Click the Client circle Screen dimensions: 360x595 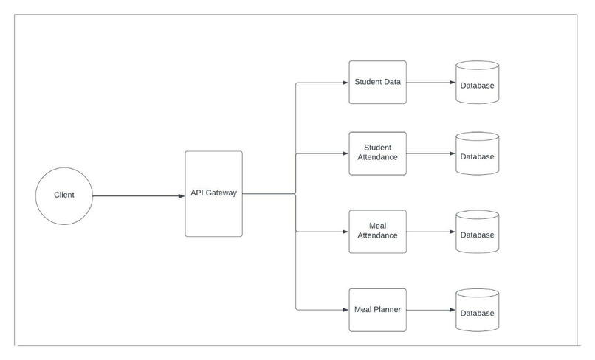pyautogui.click(x=64, y=195)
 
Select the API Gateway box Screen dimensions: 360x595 pyautogui.click(x=213, y=194)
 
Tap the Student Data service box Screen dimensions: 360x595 pyautogui.click(x=377, y=83)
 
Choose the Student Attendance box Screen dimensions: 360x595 pyautogui.click(x=377, y=153)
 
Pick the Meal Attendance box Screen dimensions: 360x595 pyautogui.click(x=377, y=231)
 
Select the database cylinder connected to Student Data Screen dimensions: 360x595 pyautogui.click(x=477, y=83)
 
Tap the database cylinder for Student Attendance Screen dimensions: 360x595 pyautogui.click(x=477, y=153)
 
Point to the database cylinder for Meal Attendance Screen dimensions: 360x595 pyautogui.click(x=477, y=231)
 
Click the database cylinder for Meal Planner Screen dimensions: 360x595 pyautogui.click(x=477, y=310)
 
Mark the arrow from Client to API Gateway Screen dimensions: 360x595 pyautogui.click(x=138, y=195)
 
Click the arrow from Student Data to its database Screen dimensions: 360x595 pyautogui.click(x=430, y=83)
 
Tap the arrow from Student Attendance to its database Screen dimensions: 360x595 pyautogui.click(x=430, y=154)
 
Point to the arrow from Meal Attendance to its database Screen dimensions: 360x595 pyautogui.click(x=430, y=232)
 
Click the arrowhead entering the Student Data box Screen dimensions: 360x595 pyautogui.click(x=345, y=83)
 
